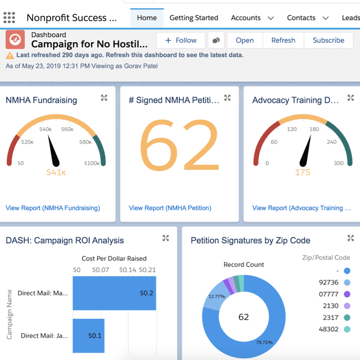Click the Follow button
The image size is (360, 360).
tap(181, 40)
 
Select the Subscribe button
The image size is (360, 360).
tap(328, 40)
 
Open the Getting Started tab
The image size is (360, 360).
tap(193, 18)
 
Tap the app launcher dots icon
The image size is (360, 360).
tap(9, 17)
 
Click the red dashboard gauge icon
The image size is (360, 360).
tap(15, 39)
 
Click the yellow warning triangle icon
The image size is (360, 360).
tap(10, 55)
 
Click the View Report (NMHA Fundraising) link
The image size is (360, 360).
tap(53, 208)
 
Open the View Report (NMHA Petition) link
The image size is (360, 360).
tap(170, 208)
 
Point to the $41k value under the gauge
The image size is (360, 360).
tap(56, 172)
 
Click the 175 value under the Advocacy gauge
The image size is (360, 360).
tap(303, 172)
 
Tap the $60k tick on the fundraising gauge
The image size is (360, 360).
tap(67, 129)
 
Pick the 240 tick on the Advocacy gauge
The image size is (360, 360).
tap(332, 142)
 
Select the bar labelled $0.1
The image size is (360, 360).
tap(89, 335)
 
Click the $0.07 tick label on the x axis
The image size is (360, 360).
tap(101, 270)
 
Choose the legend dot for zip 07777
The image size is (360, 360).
tap(347, 294)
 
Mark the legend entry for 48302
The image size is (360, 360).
tap(335, 329)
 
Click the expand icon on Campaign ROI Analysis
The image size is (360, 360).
tap(166, 238)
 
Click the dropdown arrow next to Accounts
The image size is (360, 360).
tap(271, 18)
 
